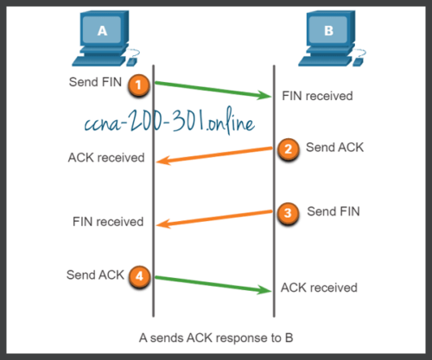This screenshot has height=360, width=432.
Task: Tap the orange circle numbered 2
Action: click(x=289, y=148)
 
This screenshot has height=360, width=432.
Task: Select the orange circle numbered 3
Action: click(x=289, y=212)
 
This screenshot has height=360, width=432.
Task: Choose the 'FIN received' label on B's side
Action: click(x=317, y=96)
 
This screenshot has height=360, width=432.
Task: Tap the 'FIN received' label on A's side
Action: click(x=107, y=222)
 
